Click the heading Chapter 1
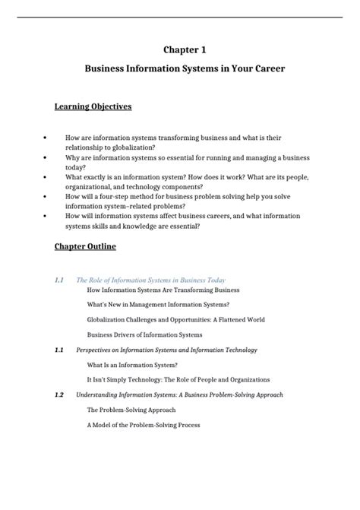tap(185, 50)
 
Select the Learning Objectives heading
tap(93, 106)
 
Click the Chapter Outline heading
tap(85, 247)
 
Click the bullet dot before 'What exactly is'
tap(48, 176)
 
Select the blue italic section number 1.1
tap(60, 280)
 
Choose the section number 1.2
tap(60, 395)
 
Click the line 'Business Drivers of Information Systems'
tap(144, 334)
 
